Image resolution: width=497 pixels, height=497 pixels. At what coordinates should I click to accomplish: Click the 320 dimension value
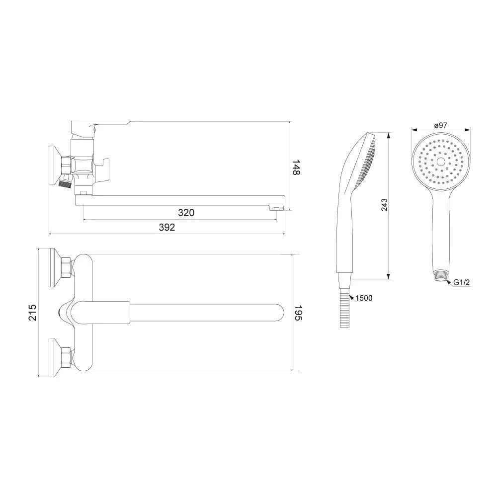[186, 213]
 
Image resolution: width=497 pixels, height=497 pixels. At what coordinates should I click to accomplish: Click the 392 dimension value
[166, 227]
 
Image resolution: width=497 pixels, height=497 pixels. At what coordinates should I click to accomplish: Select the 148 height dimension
[296, 167]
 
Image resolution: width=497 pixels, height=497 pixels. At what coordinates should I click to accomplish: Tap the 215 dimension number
[33, 313]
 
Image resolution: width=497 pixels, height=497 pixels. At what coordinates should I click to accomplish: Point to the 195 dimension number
[299, 313]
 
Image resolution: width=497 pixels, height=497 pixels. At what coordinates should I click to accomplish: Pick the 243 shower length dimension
[384, 205]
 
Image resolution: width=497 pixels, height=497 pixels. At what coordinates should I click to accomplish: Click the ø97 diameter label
[440, 125]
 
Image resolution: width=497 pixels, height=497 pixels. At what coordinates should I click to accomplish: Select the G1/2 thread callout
[461, 282]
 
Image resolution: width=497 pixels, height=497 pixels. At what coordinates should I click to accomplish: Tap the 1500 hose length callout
[364, 298]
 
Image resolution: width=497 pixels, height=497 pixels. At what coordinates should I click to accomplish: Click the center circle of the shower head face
[440, 162]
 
